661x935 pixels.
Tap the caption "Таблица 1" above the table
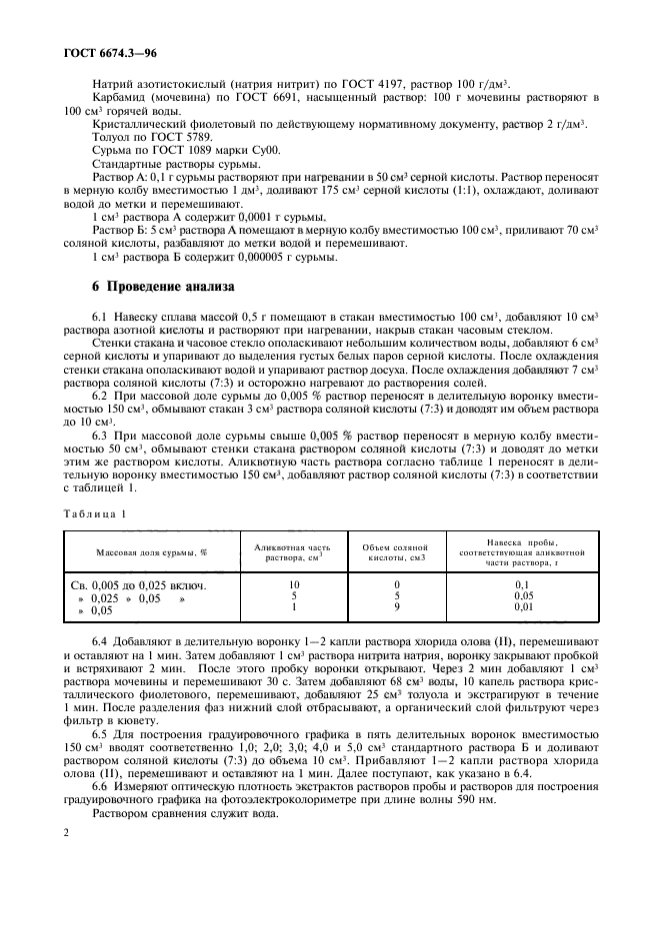tap(95, 511)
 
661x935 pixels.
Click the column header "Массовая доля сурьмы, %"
tap(151, 551)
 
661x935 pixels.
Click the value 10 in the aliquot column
tap(294, 584)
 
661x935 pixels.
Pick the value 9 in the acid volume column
tap(397, 606)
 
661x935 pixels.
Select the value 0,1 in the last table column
tap(521, 584)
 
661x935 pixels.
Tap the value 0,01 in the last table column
tap(521, 606)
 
